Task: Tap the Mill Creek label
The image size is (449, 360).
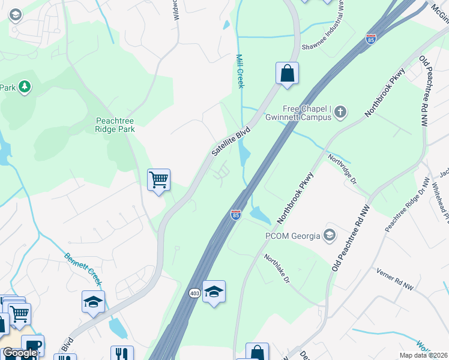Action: click(240, 71)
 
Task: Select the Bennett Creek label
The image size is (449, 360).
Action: click(84, 268)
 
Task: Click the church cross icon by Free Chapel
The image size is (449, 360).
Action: click(340, 111)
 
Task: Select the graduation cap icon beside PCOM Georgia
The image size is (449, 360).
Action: click(329, 235)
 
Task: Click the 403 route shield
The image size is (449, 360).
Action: click(194, 293)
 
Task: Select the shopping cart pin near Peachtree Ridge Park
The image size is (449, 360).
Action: click(158, 179)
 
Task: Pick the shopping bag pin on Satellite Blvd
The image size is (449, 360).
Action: click(288, 73)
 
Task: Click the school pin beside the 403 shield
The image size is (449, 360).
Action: click(214, 292)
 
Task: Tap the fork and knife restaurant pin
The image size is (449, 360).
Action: click(122, 353)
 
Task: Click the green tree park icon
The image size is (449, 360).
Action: click(25, 88)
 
